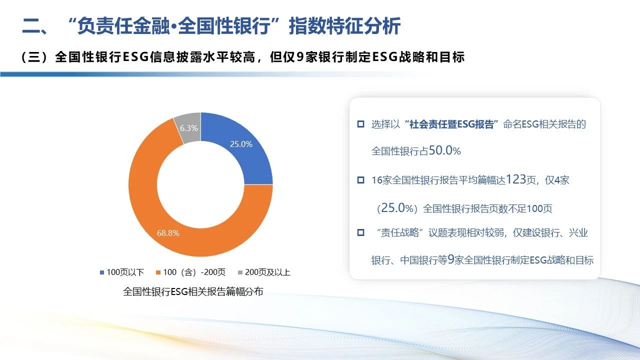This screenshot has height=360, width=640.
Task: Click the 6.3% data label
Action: click(189, 128)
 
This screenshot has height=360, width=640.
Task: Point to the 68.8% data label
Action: click(168, 233)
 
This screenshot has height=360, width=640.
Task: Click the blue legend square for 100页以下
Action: click(101, 272)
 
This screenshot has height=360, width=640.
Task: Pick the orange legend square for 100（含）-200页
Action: click(158, 272)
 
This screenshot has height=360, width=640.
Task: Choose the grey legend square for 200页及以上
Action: click(240, 272)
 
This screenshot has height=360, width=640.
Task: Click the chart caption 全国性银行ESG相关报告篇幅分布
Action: click(193, 291)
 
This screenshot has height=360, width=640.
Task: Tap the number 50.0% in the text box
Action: click(444, 150)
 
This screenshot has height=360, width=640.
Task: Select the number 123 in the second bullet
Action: click(516, 179)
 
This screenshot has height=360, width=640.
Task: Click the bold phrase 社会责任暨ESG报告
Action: click(451, 124)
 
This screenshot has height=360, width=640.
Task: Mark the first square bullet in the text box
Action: click(361, 124)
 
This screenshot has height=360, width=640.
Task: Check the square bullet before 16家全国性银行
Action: click(361, 180)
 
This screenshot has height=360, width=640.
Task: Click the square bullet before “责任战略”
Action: click(361, 232)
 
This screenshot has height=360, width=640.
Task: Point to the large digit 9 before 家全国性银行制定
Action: click(451, 259)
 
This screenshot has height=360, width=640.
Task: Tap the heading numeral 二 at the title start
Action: click(31, 26)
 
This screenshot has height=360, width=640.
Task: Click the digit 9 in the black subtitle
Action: click(300, 57)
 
